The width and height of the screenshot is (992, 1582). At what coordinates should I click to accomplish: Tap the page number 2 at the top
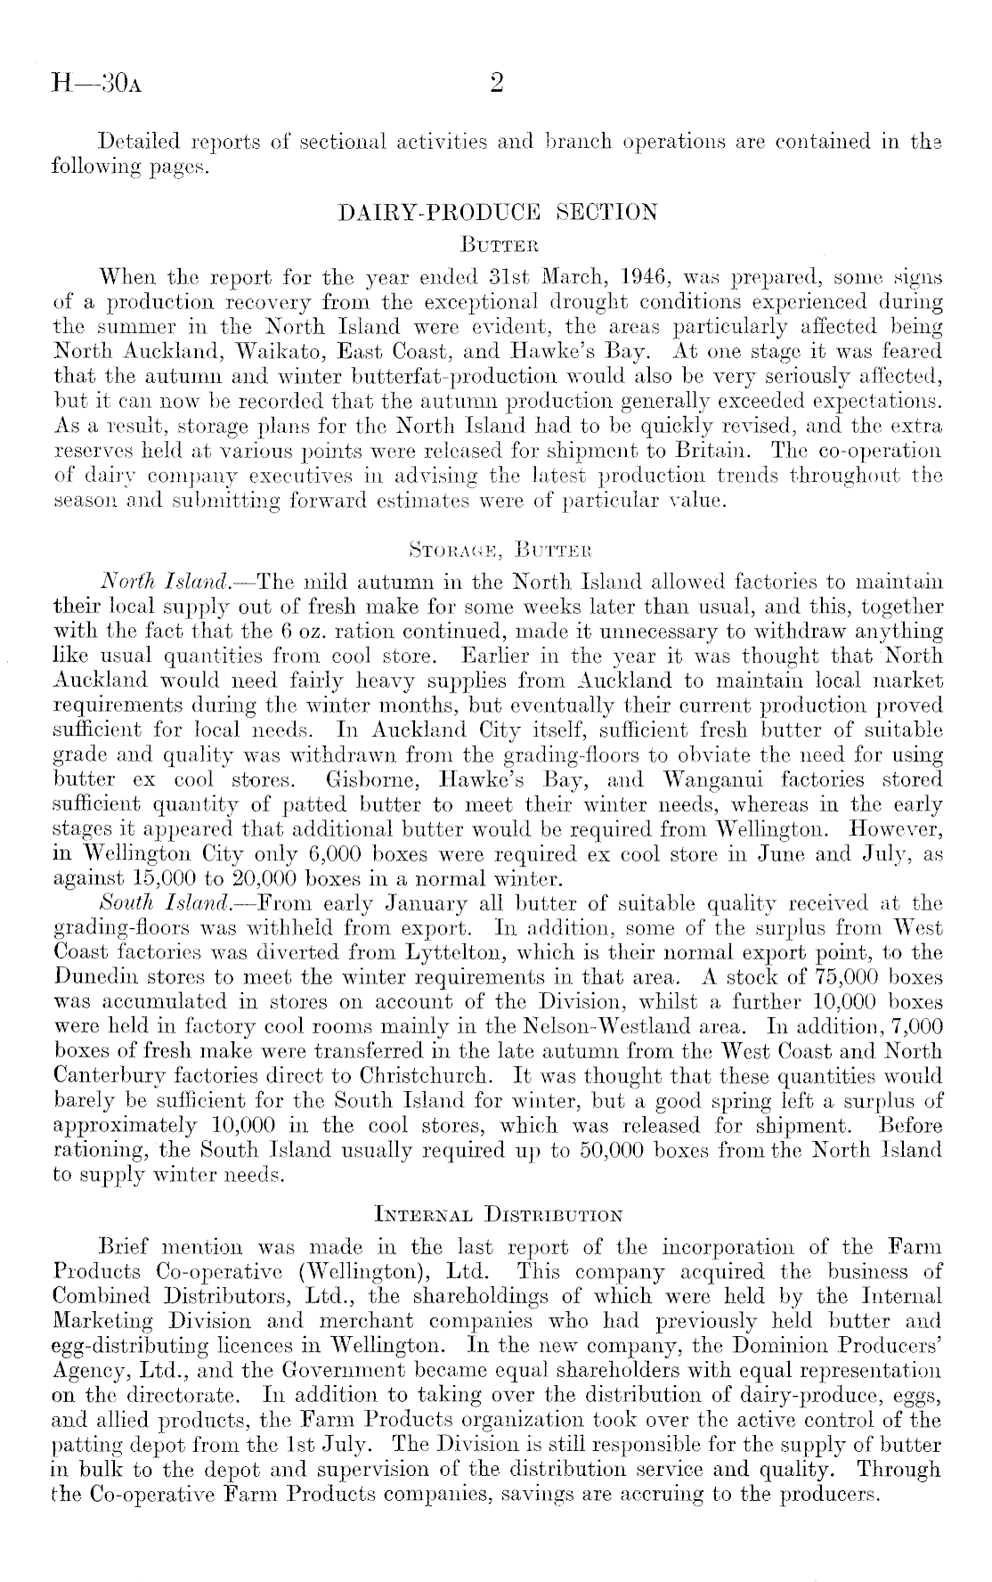point(497,83)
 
